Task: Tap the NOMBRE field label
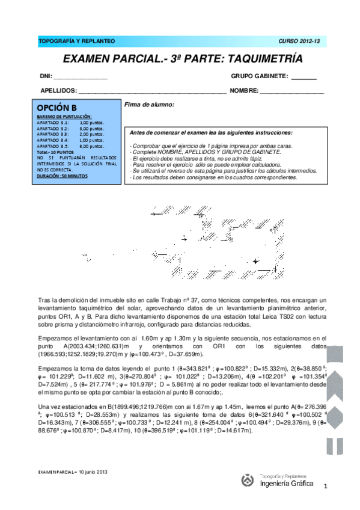tap(244, 91)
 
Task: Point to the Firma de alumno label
tap(149, 105)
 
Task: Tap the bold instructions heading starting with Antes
tap(212, 132)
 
